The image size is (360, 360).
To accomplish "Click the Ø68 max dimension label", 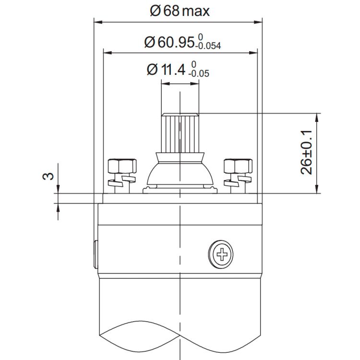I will click(x=180, y=11).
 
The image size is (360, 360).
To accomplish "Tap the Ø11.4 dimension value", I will click(x=166, y=70).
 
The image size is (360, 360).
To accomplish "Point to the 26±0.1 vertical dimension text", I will click(x=307, y=152).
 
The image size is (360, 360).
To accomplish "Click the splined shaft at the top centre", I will click(x=180, y=132).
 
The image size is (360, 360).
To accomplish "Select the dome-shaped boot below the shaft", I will click(x=180, y=170).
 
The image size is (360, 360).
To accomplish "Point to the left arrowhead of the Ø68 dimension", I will click(x=97, y=22).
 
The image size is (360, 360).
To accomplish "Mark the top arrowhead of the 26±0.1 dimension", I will click(x=317, y=117).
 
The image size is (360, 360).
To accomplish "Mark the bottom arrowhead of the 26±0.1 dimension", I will click(x=317, y=191).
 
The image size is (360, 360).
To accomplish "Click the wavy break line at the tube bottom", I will click(x=180, y=331).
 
